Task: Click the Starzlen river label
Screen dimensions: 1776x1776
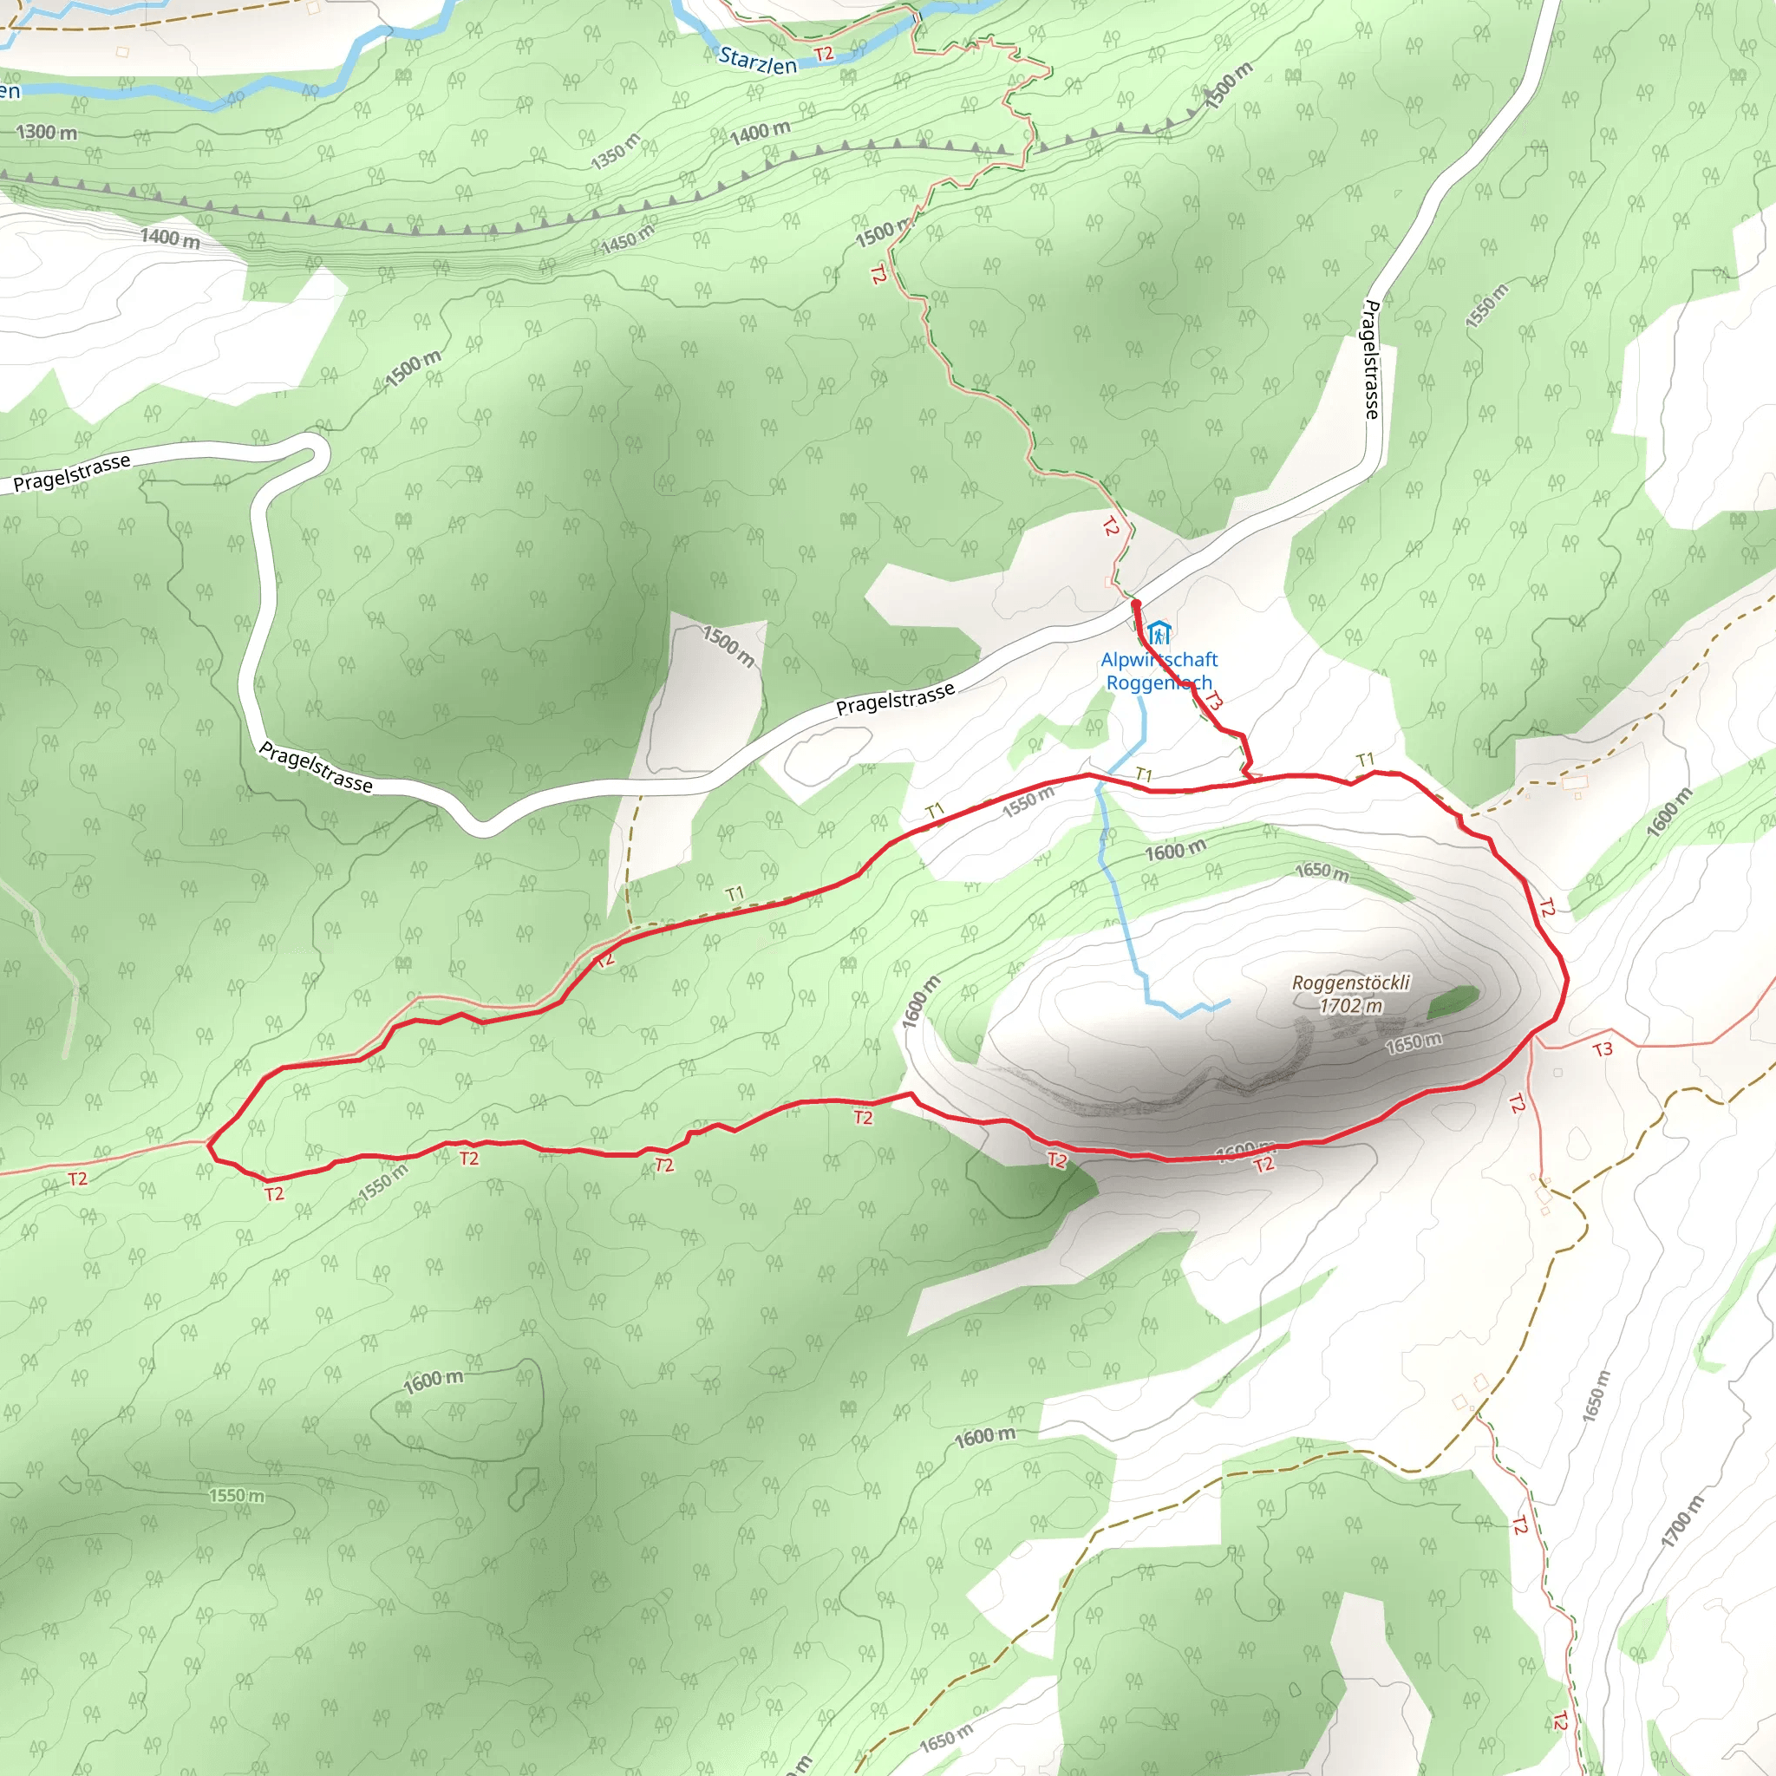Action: [757, 61]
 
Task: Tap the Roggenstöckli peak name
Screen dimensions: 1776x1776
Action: [1350, 983]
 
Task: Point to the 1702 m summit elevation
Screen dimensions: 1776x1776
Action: [1350, 1006]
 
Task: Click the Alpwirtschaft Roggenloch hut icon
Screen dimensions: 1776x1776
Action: [1159, 633]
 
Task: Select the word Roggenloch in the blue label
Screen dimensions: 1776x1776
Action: [1159, 683]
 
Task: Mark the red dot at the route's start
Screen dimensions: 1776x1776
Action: [1136, 603]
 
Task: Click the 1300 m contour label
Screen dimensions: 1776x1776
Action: [47, 133]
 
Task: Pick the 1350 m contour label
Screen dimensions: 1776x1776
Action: [615, 152]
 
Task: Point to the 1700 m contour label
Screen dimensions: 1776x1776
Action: [1681, 1521]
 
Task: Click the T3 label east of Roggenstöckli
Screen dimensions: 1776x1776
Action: [1603, 1049]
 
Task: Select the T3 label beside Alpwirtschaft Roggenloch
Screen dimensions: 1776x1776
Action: [1213, 702]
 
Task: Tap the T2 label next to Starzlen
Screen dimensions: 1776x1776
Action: [824, 55]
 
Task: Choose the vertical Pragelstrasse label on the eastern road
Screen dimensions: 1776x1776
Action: [1372, 359]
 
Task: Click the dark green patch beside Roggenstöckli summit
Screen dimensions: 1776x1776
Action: [1453, 1002]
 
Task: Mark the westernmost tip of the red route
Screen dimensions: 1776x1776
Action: [209, 1146]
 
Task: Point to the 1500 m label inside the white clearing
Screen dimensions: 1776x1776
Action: [729, 646]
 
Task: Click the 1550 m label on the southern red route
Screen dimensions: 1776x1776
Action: [382, 1182]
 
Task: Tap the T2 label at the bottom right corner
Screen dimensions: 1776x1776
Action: [1560, 1720]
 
